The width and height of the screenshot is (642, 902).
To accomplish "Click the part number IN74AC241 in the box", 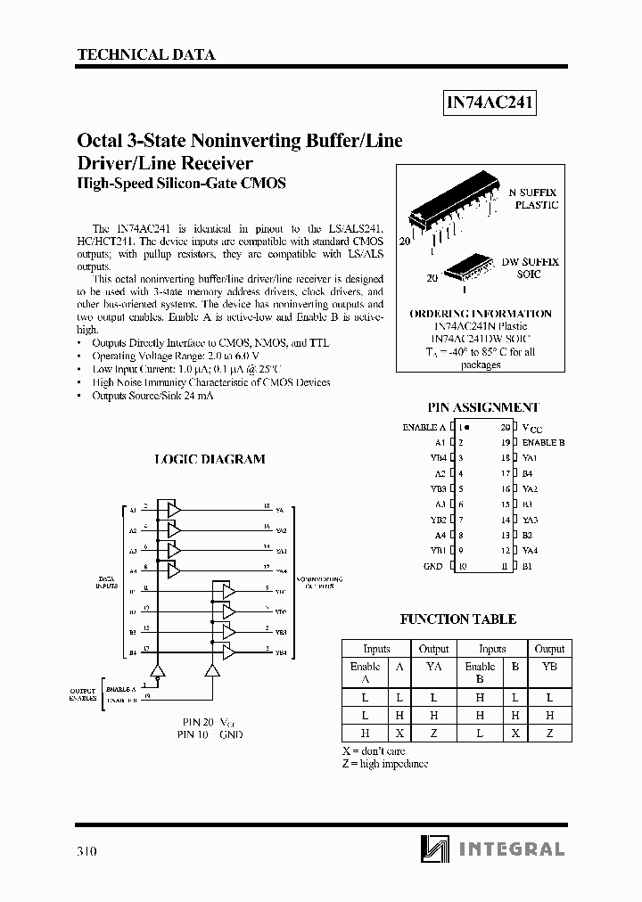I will pyautogui.click(x=490, y=103).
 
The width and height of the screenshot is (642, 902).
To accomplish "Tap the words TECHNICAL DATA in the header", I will pyautogui.click(x=146, y=54).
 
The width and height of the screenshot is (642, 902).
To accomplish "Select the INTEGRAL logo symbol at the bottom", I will pyautogui.click(x=426, y=849).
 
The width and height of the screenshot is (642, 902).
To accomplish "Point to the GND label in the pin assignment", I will pyautogui.click(x=433, y=566).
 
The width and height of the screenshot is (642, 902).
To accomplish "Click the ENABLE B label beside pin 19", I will pyautogui.click(x=543, y=442).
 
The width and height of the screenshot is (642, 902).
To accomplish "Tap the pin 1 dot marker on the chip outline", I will pyautogui.click(x=466, y=427).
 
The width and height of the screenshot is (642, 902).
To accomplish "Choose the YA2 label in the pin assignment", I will pyautogui.click(x=530, y=488).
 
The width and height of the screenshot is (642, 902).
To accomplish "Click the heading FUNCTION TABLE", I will pyautogui.click(x=458, y=619).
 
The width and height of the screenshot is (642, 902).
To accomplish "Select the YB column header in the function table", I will pyautogui.click(x=549, y=667).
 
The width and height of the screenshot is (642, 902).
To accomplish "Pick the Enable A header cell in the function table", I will pyautogui.click(x=365, y=672).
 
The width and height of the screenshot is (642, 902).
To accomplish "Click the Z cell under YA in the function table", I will pyautogui.click(x=433, y=733).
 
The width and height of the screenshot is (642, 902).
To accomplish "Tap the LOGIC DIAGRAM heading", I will pyautogui.click(x=210, y=459).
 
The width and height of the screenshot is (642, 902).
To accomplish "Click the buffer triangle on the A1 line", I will pyautogui.click(x=173, y=510).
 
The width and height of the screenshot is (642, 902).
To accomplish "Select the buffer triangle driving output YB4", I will pyautogui.click(x=229, y=652).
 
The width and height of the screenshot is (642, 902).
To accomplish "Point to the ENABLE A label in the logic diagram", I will pyautogui.click(x=120, y=690).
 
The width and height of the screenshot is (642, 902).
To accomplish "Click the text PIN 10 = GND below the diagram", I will pyautogui.click(x=210, y=734).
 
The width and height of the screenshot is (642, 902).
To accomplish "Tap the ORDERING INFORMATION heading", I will pyautogui.click(x=480, y=314).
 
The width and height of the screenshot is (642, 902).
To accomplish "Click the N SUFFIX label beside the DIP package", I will pyautogui.click(x=533, y=193).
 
